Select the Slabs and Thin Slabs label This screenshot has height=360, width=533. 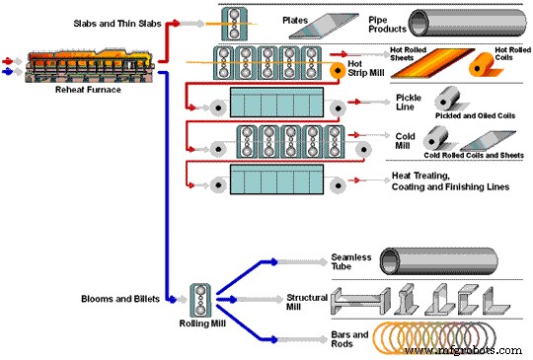tap(115, 21)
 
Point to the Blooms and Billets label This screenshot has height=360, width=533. tap(114, 297)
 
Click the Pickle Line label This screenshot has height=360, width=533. tap(409, 104)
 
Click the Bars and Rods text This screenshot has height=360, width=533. tap(349, 339)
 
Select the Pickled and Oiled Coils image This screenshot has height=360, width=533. tap(469, 102)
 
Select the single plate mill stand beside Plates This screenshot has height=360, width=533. tap(235, 22)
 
